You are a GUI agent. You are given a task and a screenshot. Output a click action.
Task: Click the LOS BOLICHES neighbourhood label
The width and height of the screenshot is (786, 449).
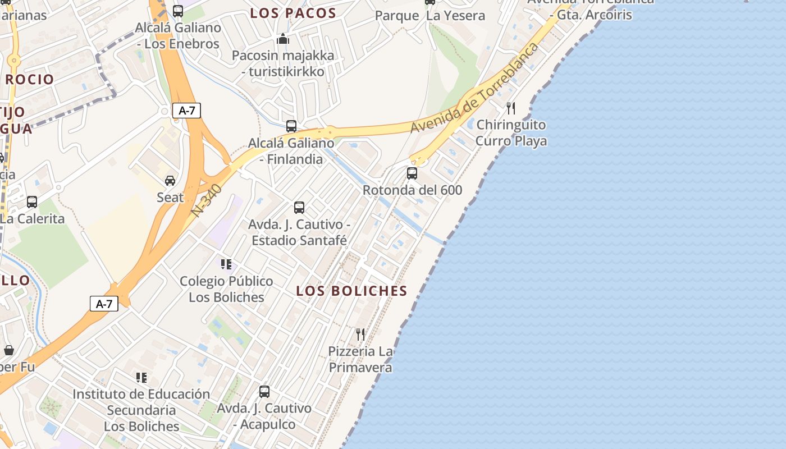[351, 291]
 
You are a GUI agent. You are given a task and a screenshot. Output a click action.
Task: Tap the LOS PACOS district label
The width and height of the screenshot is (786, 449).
[293, 13]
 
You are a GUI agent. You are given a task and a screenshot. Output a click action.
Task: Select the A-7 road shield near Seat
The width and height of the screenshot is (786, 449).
[186, 111]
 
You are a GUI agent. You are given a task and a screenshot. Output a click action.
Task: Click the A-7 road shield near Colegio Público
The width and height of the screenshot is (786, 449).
[104, 304]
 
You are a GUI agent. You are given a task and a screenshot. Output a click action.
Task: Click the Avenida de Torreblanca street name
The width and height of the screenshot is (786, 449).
[474, 88]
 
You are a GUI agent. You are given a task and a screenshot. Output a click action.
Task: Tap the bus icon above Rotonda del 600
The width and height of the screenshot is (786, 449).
[412, 173]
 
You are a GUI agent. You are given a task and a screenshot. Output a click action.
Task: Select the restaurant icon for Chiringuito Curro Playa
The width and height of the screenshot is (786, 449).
[511, 108]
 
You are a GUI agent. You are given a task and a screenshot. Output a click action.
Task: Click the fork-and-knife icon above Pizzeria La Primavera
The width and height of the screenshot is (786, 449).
[360, 335]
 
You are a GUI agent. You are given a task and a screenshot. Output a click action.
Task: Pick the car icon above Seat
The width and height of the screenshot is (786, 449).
[170, 181]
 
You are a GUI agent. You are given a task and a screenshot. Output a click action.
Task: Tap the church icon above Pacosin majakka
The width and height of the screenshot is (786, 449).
[283, 39]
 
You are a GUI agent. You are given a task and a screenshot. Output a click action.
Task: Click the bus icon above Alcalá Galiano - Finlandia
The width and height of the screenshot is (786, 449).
[291, 126]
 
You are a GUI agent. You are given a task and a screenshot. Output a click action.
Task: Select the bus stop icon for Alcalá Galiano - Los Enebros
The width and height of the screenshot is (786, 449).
[178, 11]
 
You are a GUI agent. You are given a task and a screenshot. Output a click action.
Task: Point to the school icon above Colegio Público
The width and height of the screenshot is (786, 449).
[226, 264]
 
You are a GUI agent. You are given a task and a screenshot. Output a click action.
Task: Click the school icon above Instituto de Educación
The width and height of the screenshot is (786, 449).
[141, 378]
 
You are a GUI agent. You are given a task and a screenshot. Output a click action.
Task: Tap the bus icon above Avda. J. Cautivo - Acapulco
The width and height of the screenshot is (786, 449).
[264, 392]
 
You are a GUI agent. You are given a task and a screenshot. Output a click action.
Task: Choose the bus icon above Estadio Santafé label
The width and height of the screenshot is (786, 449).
[299, 208]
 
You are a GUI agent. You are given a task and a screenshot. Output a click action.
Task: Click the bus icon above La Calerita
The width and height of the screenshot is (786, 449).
[32, 202]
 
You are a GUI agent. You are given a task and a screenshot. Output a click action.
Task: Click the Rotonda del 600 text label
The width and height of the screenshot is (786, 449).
[412, 190]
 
